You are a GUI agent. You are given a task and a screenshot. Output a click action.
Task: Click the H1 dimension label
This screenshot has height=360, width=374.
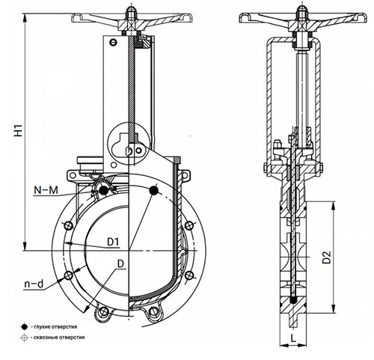point(19,130)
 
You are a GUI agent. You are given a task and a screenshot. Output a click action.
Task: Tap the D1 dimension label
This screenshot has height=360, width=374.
point(113,242)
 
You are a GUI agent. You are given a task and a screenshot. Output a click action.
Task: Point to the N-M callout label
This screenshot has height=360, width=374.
point(46,190)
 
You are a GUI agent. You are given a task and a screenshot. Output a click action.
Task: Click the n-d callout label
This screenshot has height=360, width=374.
point(34,284)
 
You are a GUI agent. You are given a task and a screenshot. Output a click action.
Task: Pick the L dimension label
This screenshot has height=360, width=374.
point(293,338)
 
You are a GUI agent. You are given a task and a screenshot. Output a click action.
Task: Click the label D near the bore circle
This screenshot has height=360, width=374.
point(120,264)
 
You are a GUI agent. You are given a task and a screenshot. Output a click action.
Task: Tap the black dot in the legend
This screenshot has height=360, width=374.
point(24,326)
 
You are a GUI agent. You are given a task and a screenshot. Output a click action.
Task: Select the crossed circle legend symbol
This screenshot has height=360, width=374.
point(24,338)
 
